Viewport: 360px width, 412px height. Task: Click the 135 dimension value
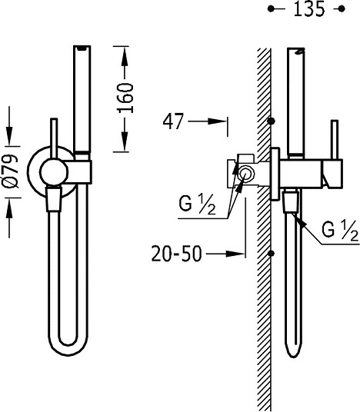pyautogui.click(x=308, y=9)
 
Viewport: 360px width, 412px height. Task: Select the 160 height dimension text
pyautogui.click(x=125, y=98)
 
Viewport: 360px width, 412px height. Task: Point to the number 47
pyautogui.click(x=172, y=121)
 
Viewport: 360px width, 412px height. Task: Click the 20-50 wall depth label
pyautogui.click(x=176, y=254)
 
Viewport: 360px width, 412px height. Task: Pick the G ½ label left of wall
pyautogui.click(x=197, y=205)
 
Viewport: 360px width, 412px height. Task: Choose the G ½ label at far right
pyautogui.click(x=340, y=231)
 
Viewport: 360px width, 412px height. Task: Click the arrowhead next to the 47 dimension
pyautogui.click(x=217, y=121)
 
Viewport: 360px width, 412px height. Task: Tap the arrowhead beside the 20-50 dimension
pyautogui.click(x=235, y=254)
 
